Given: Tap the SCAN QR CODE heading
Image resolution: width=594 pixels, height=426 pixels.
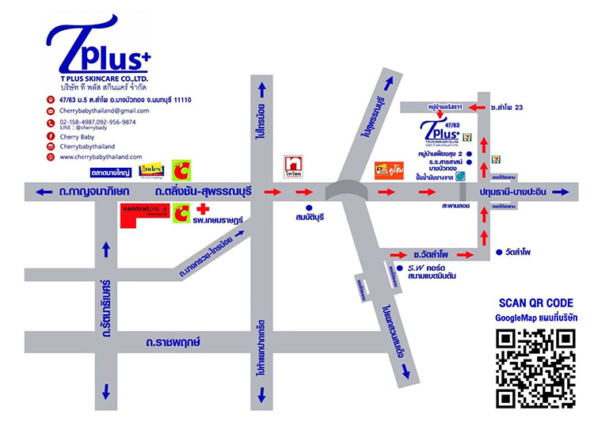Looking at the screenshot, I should point(535,302).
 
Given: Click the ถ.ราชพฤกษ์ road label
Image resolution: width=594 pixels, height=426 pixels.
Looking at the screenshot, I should point(173,342).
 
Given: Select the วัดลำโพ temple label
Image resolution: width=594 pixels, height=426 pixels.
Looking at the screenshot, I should point(518,252).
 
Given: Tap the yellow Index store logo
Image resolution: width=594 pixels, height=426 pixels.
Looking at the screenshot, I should point(151,169).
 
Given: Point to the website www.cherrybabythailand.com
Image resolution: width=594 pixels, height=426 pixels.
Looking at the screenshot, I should point(101,157).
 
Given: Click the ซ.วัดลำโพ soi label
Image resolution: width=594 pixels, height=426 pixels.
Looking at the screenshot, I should point(431,254).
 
